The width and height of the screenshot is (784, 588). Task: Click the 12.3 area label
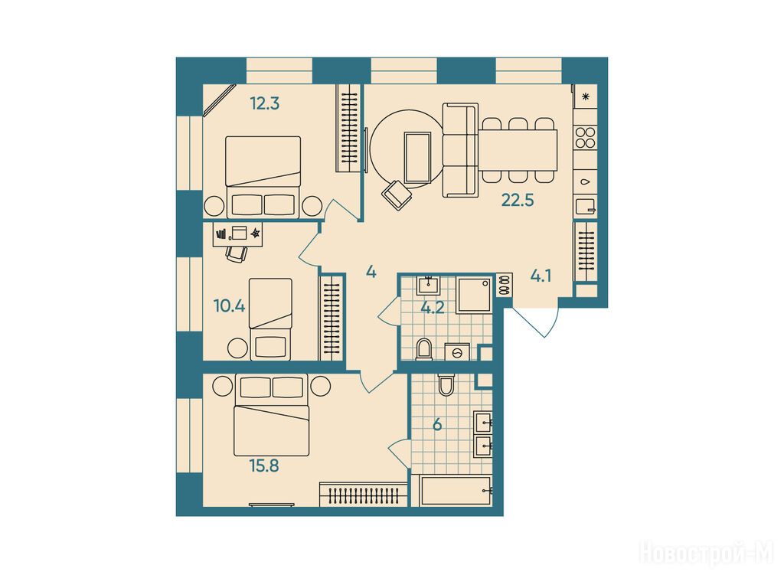pyautogui.click(x=264, y=104)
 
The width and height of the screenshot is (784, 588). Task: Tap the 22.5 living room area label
pyautogui.click(x=518, y=201)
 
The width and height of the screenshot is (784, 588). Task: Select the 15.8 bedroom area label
pyautogui.click(x=264, y=466)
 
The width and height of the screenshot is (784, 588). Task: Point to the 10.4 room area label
pyautogui.click(x=229, y=306)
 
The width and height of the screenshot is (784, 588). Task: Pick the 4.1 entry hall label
pyautogui.click(x=541, y=276)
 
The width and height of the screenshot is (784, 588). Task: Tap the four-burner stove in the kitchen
pyautogui.click(x=586, y=138)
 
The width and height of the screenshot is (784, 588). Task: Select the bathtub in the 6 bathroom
pyautogui.click(x=456, y=491)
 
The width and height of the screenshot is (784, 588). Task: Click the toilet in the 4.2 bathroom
pyautogui.click(x=424, y=349)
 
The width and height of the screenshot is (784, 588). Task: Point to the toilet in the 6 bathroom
pyautogui.click(x=446, y=384)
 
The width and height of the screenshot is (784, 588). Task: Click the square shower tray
pyautogui.click(x=473, y=296)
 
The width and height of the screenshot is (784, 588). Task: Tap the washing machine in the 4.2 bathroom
pyautogui.click(x=457, y=352)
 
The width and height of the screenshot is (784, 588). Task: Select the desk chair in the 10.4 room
pyautogui.click(x=237, y=253)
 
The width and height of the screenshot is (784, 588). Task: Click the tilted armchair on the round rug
pyautogui.click(x=397, y=195)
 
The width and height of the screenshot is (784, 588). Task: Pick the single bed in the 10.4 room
pyautogui.click(x=270, y=319)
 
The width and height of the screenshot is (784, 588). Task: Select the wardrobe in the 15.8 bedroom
pyautogui.click(x=363, y=495)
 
